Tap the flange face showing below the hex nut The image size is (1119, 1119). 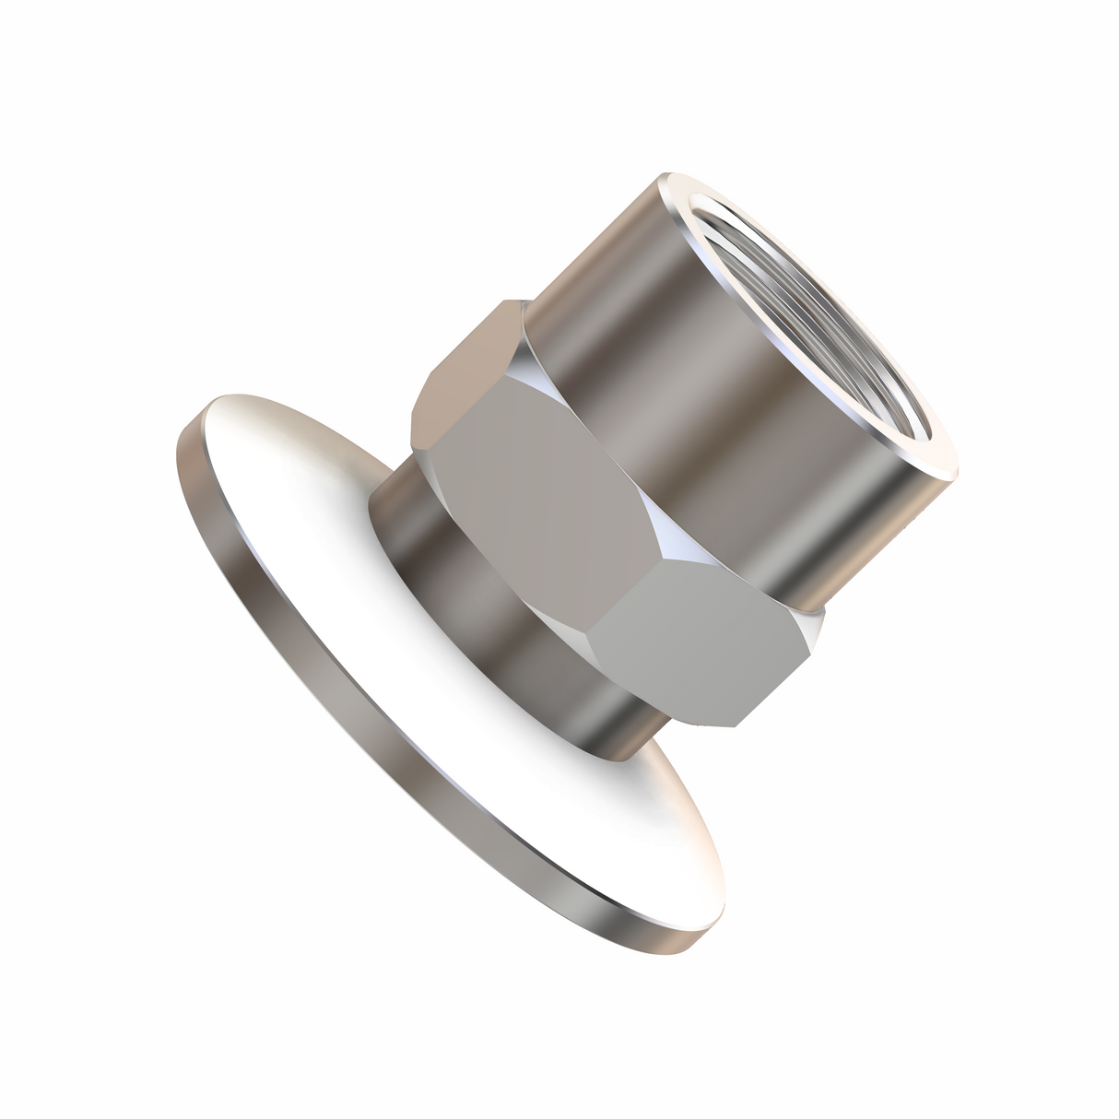664,830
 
